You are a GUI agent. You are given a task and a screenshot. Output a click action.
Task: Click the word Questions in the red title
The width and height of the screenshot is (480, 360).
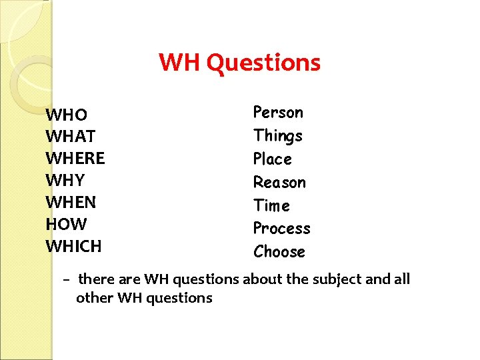tap(263, 63)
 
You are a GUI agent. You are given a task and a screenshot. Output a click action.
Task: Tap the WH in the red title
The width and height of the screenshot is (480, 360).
tap(180, 63)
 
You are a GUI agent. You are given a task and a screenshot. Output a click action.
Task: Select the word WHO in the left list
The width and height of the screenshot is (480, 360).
tap(66, 115)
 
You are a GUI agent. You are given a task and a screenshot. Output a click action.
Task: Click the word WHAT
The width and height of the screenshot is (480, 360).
tap(71, 137)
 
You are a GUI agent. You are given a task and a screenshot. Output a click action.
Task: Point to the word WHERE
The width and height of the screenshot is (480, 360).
tap(75, 159)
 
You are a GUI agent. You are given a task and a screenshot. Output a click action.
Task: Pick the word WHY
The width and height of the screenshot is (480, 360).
tap(66, 181)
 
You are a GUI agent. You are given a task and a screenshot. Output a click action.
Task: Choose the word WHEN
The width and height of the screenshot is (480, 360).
tap(71, 202)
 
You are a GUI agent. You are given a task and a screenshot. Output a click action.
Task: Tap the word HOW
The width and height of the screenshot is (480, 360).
tap(66, 224)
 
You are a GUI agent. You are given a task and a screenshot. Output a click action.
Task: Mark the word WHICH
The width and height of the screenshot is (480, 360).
tap(73, 246)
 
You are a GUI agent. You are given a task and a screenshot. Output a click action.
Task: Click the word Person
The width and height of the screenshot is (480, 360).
tap(278, 113)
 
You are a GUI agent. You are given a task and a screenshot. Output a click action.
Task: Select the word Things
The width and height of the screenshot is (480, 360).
tap(278, 136)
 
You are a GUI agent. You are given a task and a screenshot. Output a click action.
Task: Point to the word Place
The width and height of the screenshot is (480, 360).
tap(273, 159)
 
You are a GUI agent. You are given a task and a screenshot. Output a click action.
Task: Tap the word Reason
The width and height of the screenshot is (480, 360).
tap(279, 182)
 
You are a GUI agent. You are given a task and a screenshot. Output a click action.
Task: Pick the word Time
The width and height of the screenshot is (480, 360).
tap(271, 205)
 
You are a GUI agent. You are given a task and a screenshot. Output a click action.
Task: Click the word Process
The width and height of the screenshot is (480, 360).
tap(281, 229)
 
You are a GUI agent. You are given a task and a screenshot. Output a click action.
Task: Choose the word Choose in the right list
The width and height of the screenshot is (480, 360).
tap(279, 252)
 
